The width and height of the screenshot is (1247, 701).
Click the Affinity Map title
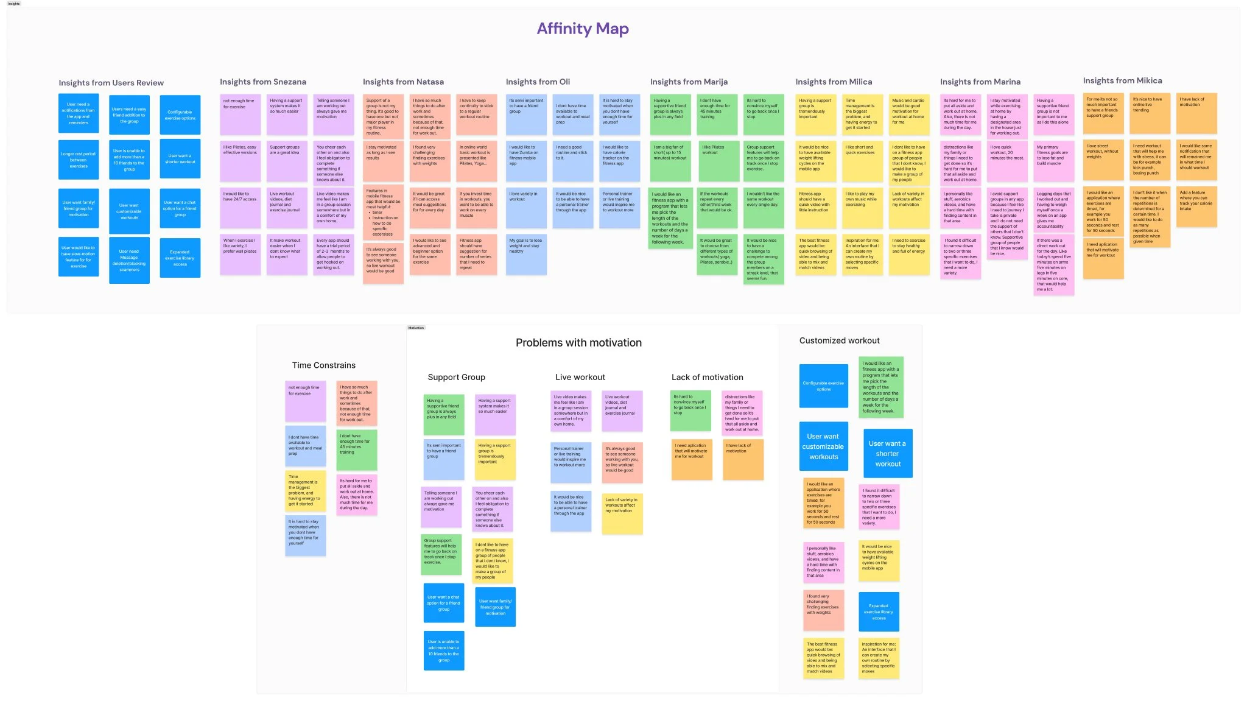(583, 29)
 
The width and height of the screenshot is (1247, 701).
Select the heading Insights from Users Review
(111, 83)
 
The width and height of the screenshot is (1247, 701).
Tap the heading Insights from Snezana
(263, 82)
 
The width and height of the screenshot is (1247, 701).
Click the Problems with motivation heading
(578, 343)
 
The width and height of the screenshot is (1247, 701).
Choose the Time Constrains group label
(323, 365)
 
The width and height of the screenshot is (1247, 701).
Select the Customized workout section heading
(839, 340)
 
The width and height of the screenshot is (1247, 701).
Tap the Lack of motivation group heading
(707, 378)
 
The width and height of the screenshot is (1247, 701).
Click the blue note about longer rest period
(79, 160)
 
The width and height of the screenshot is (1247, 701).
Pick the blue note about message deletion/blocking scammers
(129, 261)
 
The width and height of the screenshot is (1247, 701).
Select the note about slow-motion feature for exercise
(79, 256)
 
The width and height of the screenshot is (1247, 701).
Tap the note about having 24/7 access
(240, 207)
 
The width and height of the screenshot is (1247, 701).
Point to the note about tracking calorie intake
(1196, 206)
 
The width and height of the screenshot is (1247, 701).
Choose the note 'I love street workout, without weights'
(1103, 160)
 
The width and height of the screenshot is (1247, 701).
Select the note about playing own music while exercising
(862, 207)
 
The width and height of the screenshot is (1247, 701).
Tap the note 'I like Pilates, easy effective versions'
(240, 160)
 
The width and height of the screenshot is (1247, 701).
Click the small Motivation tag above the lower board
(416, 328)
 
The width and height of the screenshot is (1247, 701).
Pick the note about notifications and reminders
(79, 113)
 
